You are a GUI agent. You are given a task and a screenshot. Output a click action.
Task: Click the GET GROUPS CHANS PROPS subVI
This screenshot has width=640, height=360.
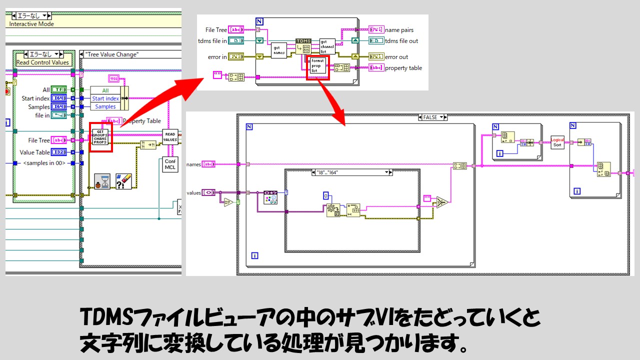tap(100, 136)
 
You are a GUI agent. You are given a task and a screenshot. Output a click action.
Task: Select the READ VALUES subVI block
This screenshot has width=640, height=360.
tap(170, 137)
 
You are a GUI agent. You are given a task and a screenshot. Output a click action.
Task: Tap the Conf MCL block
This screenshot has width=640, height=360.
tap(170, 164)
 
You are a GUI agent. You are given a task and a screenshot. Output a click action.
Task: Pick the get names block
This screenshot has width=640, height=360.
tap(279, 50)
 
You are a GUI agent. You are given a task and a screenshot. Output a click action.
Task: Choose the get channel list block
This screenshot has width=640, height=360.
tap(327, 46)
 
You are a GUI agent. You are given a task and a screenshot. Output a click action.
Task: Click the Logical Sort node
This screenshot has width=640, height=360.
tap(557, 141)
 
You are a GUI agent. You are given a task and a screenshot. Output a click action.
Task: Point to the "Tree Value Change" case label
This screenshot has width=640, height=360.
tap(112, 54)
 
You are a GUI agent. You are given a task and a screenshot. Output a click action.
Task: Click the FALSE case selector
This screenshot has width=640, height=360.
tap(432, 117)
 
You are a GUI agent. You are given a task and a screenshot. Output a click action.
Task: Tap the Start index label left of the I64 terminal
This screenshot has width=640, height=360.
tap(35, 98)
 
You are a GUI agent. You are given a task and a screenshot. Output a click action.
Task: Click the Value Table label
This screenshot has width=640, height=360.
tap(34, 152)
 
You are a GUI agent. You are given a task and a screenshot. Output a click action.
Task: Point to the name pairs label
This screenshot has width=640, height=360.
tap(399, 30)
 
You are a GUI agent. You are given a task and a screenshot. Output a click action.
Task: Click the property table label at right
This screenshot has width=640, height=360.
tap(403, 68)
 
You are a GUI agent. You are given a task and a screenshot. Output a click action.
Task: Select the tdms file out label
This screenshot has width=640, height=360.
tap(401, 41)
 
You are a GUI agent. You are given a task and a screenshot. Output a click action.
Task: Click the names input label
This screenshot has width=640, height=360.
tap(193, 164)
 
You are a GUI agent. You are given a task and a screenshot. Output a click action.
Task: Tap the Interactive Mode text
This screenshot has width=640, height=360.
tap(31, 24)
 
